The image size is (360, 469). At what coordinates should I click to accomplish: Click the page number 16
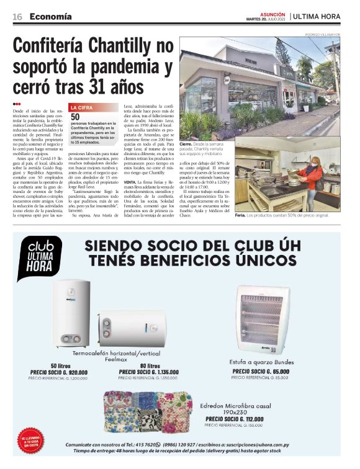point(17,16)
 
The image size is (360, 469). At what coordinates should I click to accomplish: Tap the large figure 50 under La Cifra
point(76,116)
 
